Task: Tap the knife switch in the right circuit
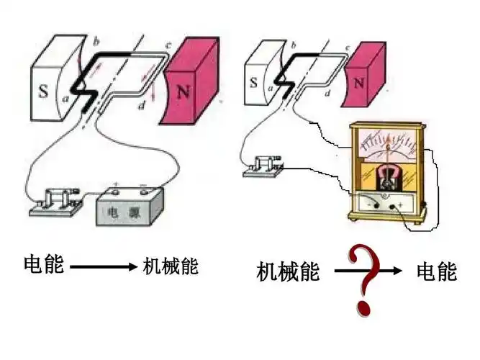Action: pos(266,164)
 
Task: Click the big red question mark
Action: pos(364,277)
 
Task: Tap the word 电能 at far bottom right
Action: pos(437,271)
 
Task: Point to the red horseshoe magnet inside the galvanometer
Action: pos(389,177)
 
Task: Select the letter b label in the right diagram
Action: pos(293,46)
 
